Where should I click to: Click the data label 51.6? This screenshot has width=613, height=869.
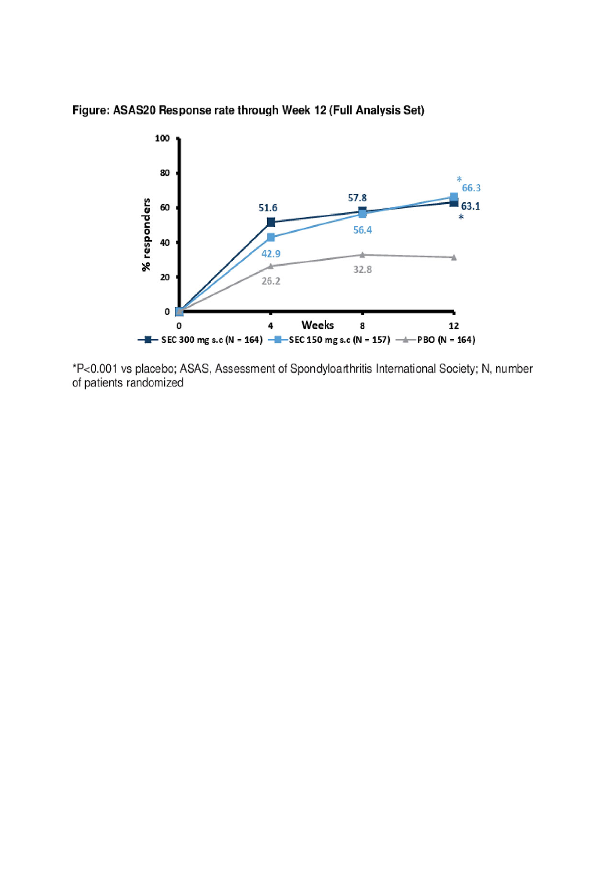tap(268, 208)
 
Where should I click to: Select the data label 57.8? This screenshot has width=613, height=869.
tap(357, 198)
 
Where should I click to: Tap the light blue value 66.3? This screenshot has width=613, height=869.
tap(471, 188)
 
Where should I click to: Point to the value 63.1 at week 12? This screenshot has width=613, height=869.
tap(470, 206)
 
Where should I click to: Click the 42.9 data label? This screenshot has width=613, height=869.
tap(271, 254)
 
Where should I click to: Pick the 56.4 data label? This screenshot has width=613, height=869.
tap(363, 230)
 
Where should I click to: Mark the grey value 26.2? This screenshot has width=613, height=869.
tap(271, 281)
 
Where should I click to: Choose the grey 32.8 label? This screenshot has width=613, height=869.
tap(363, 269)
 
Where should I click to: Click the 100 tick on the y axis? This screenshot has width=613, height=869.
tap(162, 139)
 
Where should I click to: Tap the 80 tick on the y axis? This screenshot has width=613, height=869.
tap(165, 173)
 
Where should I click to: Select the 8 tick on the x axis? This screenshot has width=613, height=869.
tap(363, 326)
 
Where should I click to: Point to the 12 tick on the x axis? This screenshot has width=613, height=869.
tap(454, 326)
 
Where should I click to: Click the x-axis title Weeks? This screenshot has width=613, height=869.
tap(318, 325)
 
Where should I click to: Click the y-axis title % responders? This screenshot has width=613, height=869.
tap(146, 235)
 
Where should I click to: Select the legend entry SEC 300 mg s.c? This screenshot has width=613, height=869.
tap(211, 340)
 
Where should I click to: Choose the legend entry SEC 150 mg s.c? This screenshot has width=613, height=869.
tap(339, 340)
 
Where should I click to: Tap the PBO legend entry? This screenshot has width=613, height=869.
tap(445, 340)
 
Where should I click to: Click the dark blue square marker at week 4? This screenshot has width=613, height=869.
tap(271, 222)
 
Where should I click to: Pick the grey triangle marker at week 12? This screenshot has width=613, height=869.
tap(454, 257)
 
